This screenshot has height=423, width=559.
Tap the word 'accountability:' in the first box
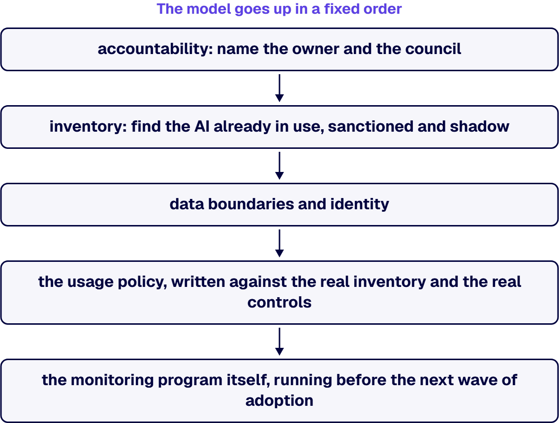pos(155,49)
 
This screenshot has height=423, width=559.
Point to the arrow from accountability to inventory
pos(279,88)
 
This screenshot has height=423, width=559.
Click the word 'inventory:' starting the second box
pos(88,127)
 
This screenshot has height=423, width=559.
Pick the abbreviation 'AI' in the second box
pos(202,127)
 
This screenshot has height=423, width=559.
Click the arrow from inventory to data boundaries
pos(279,166)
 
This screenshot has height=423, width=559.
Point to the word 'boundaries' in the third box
pos(251,204)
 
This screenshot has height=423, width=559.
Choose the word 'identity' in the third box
pos(360,204)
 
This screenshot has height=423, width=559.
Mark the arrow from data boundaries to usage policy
pos(279,243)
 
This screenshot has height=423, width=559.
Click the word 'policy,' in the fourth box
pos(142,282)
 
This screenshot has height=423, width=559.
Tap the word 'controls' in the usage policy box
pos(279,303)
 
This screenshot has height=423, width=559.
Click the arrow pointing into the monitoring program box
pos(279,341)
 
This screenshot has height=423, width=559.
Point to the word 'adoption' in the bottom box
pos(279,401)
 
